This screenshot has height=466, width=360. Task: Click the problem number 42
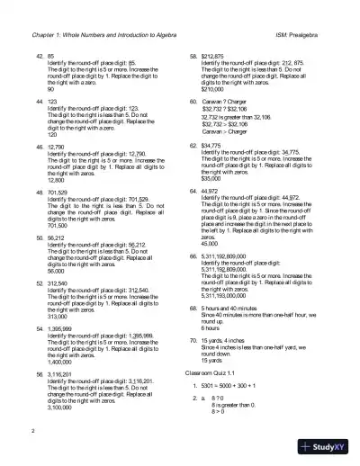pos(40,54)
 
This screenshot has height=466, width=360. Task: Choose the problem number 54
pos(40,330)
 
